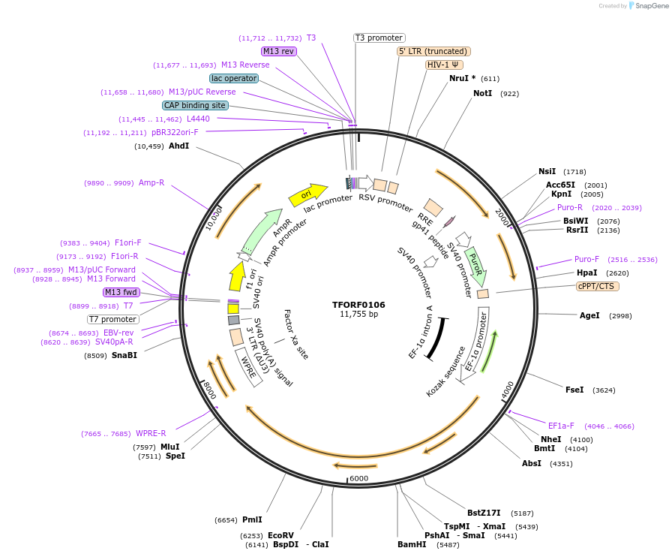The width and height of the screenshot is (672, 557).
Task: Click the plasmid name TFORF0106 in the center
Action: (358, 305)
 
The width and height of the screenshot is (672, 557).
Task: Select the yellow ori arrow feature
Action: (307, 195)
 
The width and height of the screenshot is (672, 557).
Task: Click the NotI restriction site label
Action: (482, 93)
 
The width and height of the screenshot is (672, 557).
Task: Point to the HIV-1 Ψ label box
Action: (443, 65)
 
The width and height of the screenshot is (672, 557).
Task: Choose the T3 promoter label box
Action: (379, 38)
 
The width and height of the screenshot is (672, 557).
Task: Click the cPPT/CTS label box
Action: (598, 286)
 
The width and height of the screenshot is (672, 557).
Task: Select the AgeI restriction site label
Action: (589, 315)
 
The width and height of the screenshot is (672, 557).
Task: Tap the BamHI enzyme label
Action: (412, 544)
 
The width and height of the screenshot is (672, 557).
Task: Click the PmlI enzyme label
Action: (252, 519)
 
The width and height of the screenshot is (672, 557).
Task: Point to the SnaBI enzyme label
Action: (124, 355)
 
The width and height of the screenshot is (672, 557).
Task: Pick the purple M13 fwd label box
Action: (121, 292)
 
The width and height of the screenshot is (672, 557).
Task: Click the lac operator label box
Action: (234, 78)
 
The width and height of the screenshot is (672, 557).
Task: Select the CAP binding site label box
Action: (194, 105)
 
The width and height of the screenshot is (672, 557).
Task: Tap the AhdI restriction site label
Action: (178, 146)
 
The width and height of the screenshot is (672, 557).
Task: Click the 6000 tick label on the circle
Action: (359, 478)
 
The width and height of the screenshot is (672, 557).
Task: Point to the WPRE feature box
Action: (248, 366)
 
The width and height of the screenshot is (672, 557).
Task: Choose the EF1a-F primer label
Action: (561, 426)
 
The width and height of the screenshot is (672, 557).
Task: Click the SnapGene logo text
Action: (649, 5)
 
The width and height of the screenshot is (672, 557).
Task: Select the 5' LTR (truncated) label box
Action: (433, 51)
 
